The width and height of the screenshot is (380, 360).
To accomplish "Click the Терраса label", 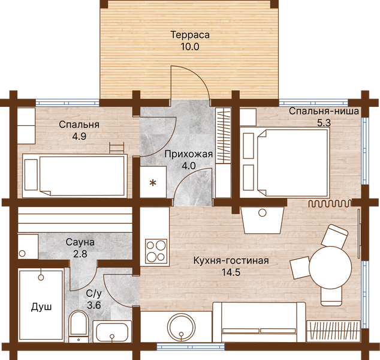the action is pyautogui.click(x=190, y=35).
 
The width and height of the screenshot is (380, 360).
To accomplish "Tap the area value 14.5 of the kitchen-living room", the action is pyautogui.click(x=231, y=272).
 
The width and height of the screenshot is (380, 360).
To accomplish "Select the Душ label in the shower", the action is pyautogui.click(x=41, y=307).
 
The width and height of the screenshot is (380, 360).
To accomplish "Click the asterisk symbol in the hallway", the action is pyautogui.click(x=153, y=182).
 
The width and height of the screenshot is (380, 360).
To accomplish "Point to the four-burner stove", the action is pyautogui.click(x=156, y=251).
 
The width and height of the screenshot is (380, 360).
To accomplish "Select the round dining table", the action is pyautogui.click(x=330, y=268).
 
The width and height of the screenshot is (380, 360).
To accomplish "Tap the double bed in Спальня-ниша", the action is pyautogui.click(x=285, y=163).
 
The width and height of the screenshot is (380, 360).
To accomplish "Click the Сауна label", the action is pyautogui.click(x=80, y=242).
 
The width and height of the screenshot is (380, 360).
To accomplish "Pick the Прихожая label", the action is pyautogui.click(x=189, y=154).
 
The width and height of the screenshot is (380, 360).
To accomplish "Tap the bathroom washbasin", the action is pyautogui.click(x=112, y=331).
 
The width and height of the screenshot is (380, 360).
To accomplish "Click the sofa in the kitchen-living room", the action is pyautogui.click(x=259, y=322).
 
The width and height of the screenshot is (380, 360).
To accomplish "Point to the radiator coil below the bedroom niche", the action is pyautogui.click(x=330, y=203).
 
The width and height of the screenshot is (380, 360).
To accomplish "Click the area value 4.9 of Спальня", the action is pyautogui.click(x=79, y=136).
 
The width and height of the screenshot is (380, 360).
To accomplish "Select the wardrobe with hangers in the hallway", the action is pyautogui.click(x=223, y=136).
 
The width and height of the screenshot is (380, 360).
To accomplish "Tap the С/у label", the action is pyautogui.click(x=94, y=293).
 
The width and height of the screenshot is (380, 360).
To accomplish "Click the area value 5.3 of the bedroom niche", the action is pyautogui.click(x=324, y=123).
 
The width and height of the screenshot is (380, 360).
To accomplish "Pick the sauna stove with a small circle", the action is pyautogui.click(x=28, y=246).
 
